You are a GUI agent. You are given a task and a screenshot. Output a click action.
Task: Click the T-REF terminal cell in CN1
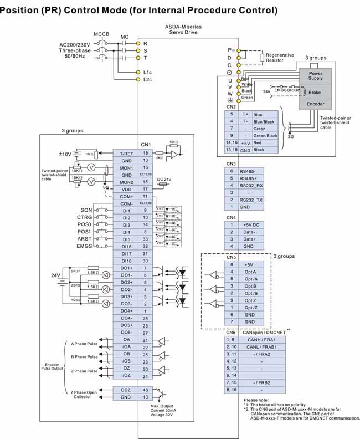coord(126,152)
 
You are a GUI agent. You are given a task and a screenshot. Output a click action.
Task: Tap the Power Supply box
coord(315,75)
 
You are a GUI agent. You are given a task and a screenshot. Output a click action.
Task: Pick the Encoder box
coord(315,104)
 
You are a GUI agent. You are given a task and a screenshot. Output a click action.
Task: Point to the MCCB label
coord(101,34)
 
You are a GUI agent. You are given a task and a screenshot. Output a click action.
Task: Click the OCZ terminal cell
coord(126,390)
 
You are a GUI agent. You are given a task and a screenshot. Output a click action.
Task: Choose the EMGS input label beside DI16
coord(84,246)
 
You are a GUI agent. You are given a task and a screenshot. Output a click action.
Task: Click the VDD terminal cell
coord(126,189)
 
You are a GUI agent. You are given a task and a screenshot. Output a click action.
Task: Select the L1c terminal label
coord(147,72)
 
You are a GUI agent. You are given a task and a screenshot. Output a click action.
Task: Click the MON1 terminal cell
coord(126,167)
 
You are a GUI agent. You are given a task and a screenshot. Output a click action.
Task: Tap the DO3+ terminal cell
coord(126,297)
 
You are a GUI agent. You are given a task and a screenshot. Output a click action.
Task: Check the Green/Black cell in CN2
coord(265,135)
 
